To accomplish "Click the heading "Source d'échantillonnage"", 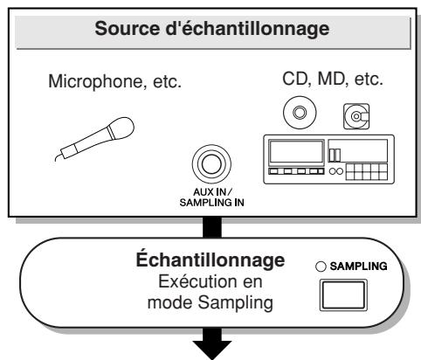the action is click(212, 29).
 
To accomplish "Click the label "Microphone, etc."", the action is click(115, 81).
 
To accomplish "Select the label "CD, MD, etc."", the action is click(333, 79).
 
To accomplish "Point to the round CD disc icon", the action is click(300, 113).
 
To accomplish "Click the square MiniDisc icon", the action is click(356, 116).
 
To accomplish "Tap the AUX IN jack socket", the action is click(211, 164).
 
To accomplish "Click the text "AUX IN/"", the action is click(212, 192).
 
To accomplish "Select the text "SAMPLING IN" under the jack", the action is click(211, 203).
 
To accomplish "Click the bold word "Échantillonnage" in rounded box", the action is click(210, 260).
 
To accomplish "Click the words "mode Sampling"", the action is click(210, 303).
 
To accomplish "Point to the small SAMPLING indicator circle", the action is click(321, 267).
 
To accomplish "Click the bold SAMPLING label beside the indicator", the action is click(358, 267).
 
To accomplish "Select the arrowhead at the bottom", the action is click(212, 350).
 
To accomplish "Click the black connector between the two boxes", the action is click(212, 227).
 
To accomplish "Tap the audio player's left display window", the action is click(296, 151).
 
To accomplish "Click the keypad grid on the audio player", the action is click(367, 172).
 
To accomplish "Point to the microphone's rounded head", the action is click(121, 128).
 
